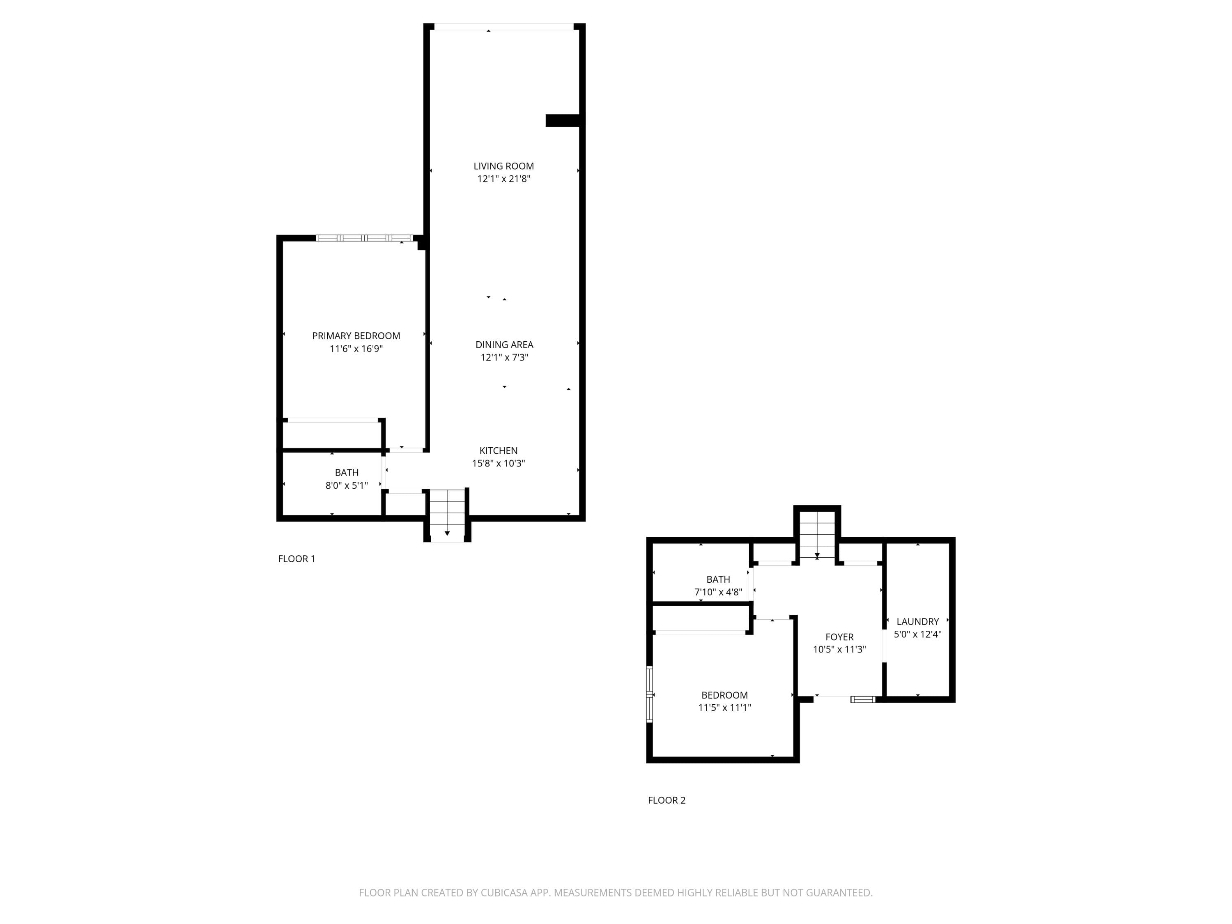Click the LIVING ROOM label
click(x=503, y=166)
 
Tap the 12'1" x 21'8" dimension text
click(x=503, y=179)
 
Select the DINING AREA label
click(x=504, y=345)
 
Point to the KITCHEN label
click(x=499, y=451)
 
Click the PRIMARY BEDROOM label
click(x=356, y=336)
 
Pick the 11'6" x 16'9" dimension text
click(x=356, y=349)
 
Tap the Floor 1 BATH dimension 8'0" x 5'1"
click(x=347, y=485)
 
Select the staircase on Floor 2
click(x=817, y=535)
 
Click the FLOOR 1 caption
click(x=297, y=559)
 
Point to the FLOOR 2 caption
click(x=667, y=800)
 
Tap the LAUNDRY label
click(x=917, y=622)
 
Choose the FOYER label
click(x=839, y=637)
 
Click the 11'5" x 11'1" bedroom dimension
click(x=724, y=707)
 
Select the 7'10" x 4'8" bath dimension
click(x=718, y=592)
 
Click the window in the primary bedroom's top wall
click(x=364, y=238)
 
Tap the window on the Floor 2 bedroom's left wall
click(x=649, y=694)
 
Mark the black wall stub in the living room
click(x=563, y=120)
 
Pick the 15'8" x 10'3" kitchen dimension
click(x=499, y=463)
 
